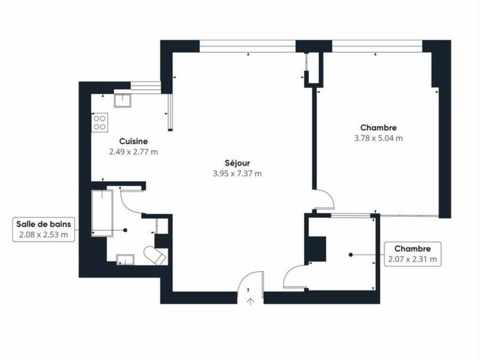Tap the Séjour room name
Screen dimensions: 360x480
click(x=237, y=163)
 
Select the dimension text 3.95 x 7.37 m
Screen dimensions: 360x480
click(x=237, y=173)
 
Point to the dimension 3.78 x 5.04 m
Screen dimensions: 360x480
click(x=378, y=138)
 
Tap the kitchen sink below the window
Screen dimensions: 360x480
click(x=123, y=99)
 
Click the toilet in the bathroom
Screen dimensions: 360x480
click(x=157, y=256)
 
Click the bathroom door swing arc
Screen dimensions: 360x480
click(x=130, y=199)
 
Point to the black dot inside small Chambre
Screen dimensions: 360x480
click(x=350, y=254)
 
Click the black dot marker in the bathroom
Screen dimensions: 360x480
click(x=125, y=230)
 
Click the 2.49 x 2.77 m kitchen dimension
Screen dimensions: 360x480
click(x=133, y=152)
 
